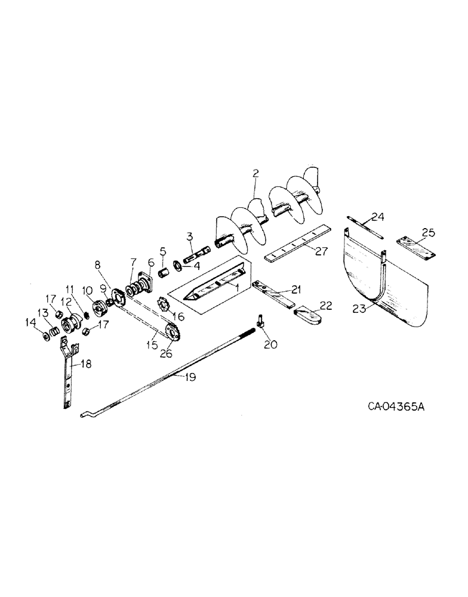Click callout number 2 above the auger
(255, 174)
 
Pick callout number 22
(325, 305)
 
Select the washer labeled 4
(178, 265)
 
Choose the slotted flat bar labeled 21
(273, 294)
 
